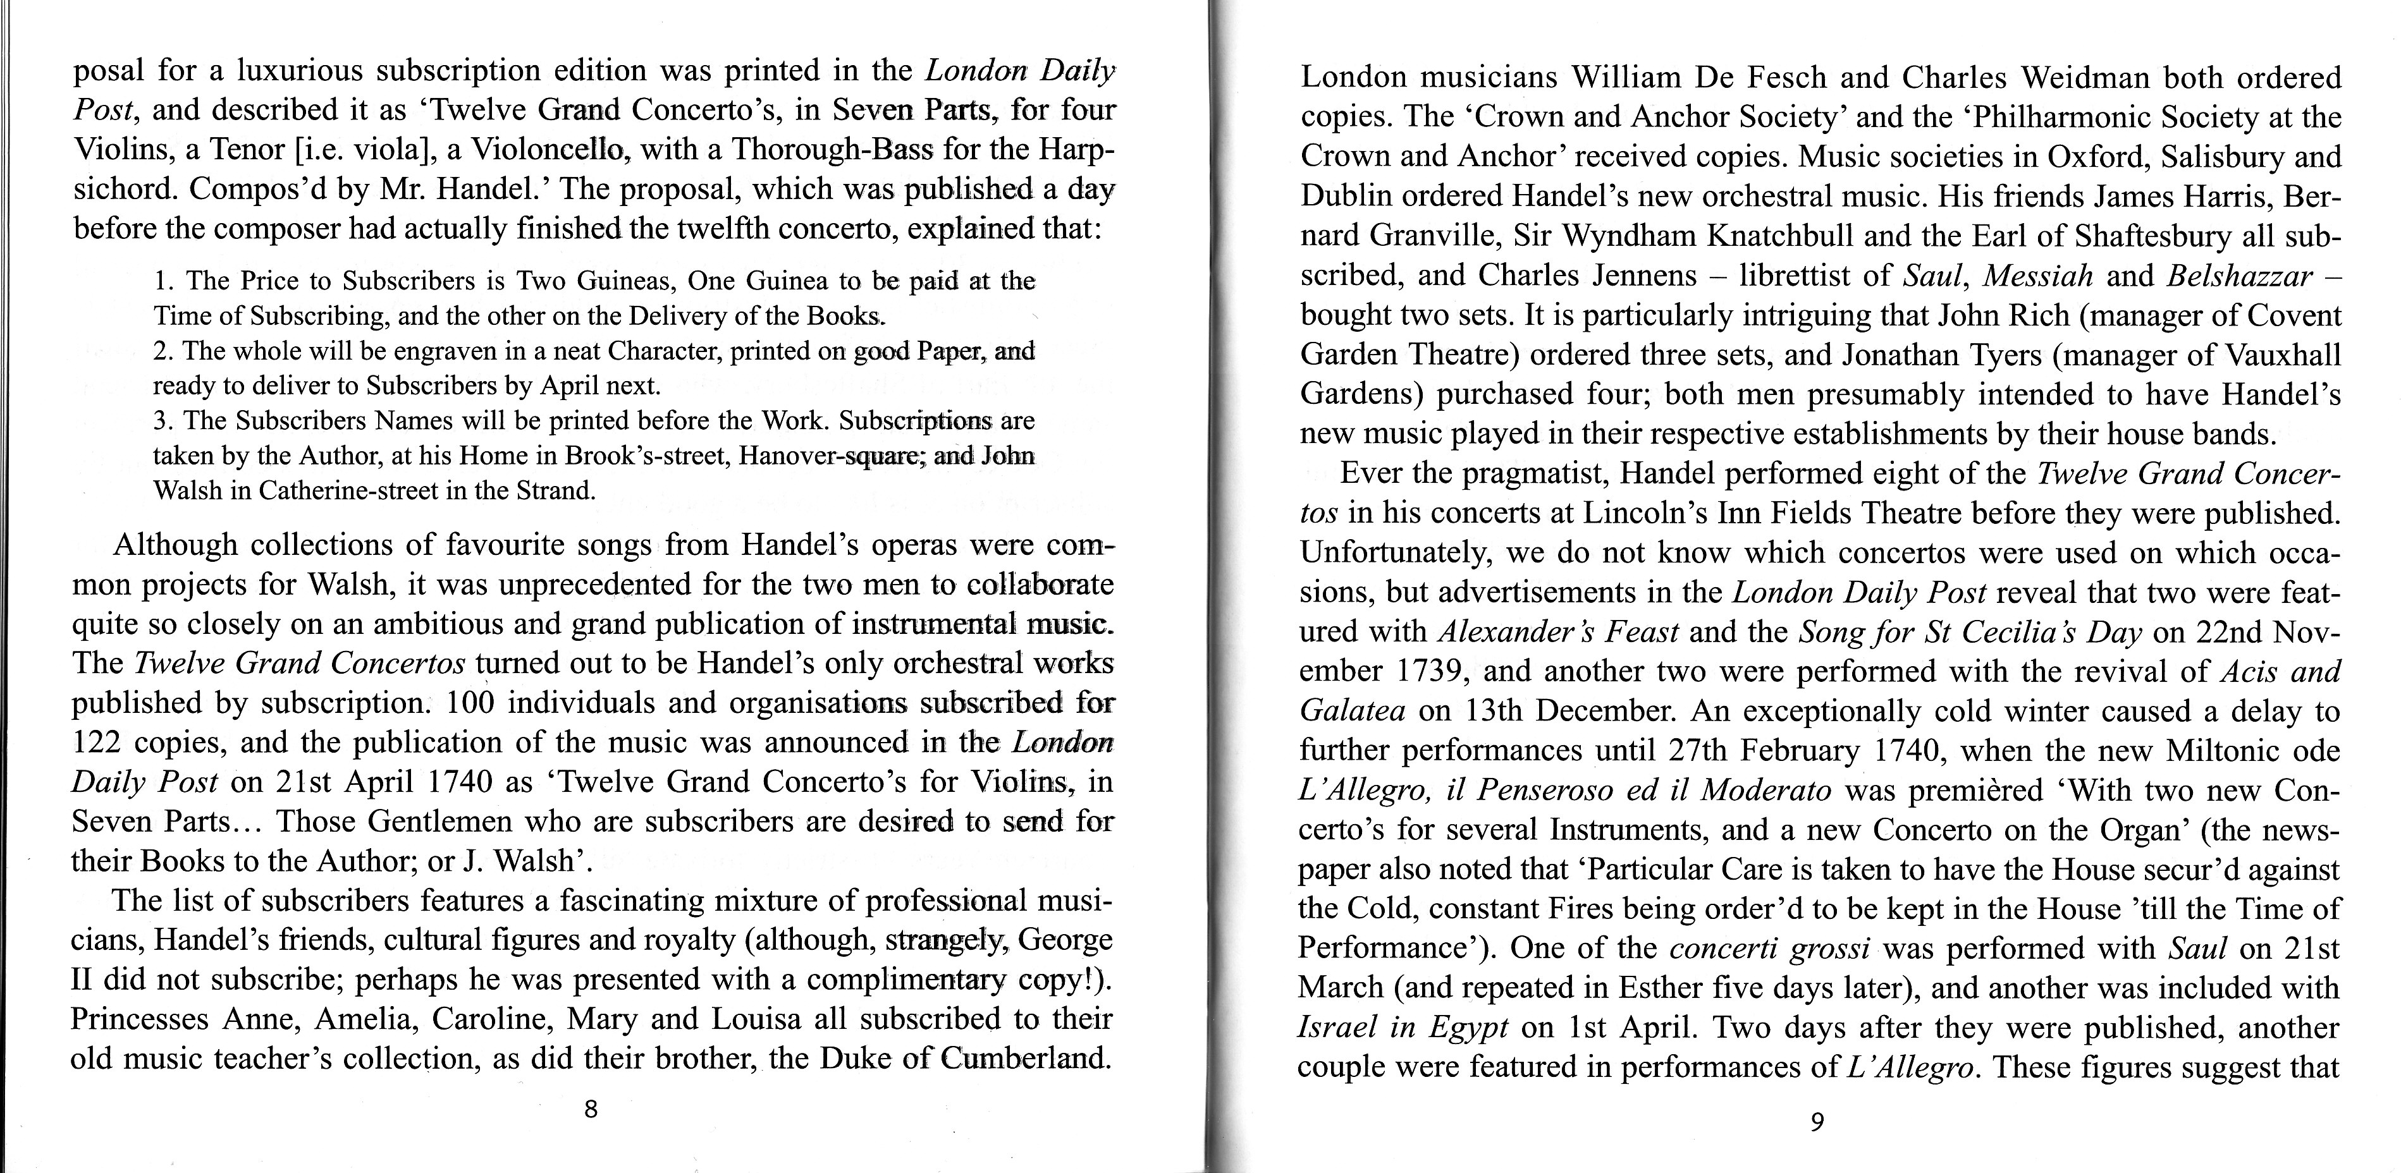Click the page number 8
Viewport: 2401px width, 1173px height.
click(x=589, y=1110)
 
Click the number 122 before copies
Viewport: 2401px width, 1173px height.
click(x=96, y=743)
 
